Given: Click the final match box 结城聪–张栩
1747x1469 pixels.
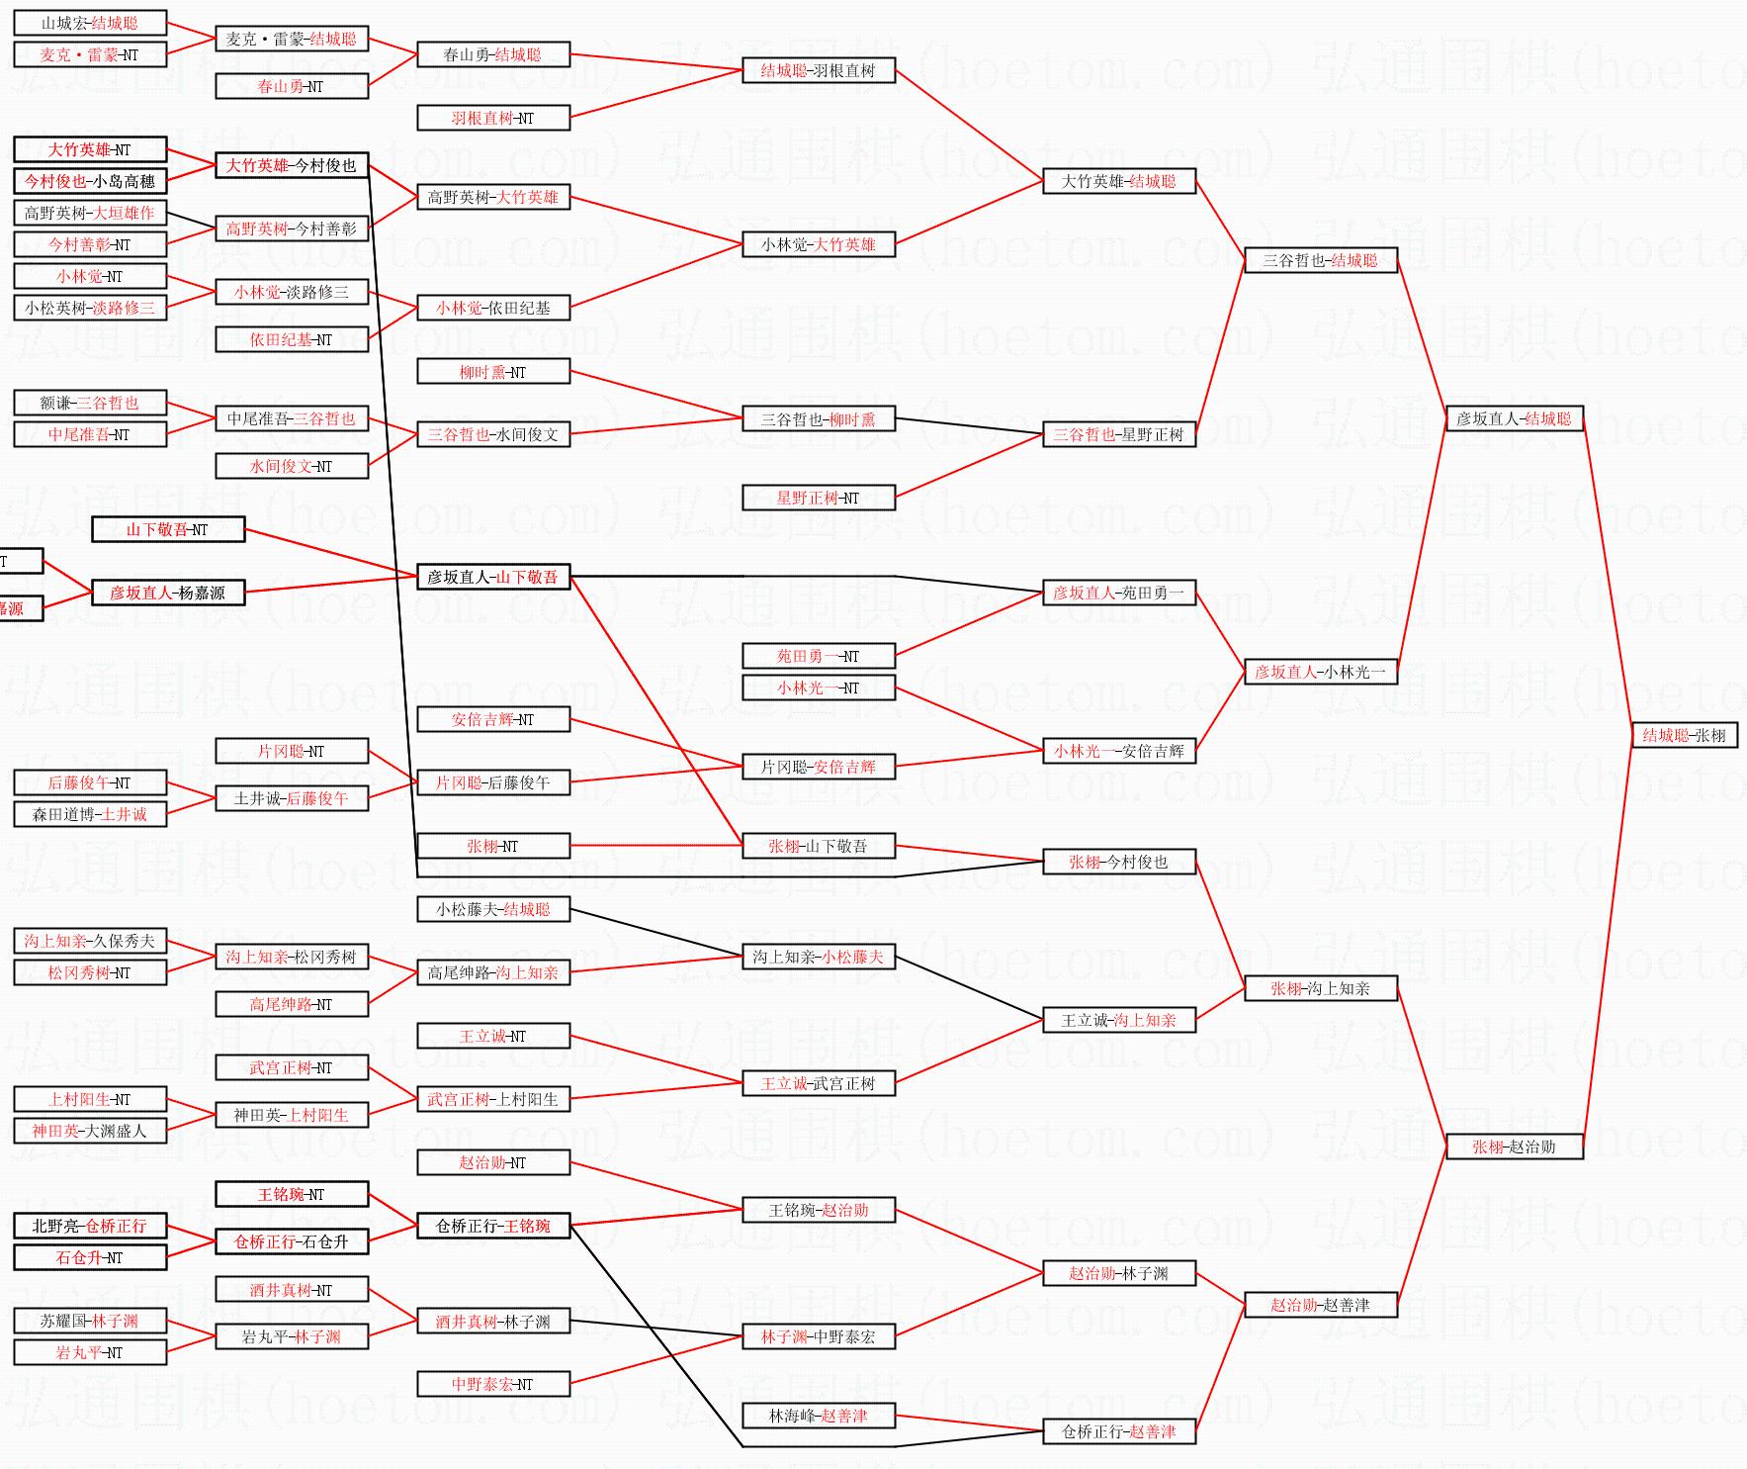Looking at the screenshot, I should click(1684, 735).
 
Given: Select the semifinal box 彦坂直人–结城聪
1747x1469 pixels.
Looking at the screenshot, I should click(1514, 418).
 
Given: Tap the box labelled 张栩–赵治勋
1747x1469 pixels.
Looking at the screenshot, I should click(1514, 1147).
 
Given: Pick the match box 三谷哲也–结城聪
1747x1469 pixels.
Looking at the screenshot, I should click(1320, 260).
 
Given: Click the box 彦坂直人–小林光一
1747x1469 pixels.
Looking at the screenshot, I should click(1320, 672).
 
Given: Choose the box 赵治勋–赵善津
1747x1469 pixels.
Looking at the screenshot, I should click(1320, 1305).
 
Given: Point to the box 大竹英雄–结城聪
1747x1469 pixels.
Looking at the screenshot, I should click(1119, 181).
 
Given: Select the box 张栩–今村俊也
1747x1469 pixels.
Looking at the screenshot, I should click(1119, 862).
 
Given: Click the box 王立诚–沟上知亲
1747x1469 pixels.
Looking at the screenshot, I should click(1119, 1020).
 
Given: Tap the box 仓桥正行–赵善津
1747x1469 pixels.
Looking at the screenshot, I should click(1119, 1431).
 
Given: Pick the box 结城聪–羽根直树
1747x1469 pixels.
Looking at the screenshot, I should click(819, 70).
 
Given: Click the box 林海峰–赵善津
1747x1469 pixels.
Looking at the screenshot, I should click(819, 1416).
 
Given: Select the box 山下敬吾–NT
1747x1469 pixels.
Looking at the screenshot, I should click(167, 529).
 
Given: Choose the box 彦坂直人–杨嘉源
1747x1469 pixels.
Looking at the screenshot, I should click(167, 593).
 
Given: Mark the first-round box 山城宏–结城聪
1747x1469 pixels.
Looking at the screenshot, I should click(90, 23).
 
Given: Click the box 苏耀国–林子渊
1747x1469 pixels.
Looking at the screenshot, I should click(90, 1321).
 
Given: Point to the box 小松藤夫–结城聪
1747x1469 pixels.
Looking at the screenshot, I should click(493, 909).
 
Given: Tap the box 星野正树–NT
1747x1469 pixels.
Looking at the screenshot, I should click(819, 498).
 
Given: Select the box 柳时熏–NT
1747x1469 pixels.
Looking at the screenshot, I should click(493, 372).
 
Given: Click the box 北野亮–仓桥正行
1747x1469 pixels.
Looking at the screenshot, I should click(90, 1226).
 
